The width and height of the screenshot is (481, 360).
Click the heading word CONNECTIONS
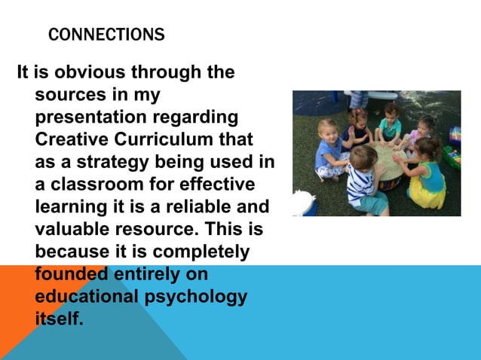[106, 35]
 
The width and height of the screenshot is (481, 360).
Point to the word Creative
[69, 140]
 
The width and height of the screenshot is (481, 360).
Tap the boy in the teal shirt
[390, 124]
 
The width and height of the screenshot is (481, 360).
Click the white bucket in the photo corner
[305, 203]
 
